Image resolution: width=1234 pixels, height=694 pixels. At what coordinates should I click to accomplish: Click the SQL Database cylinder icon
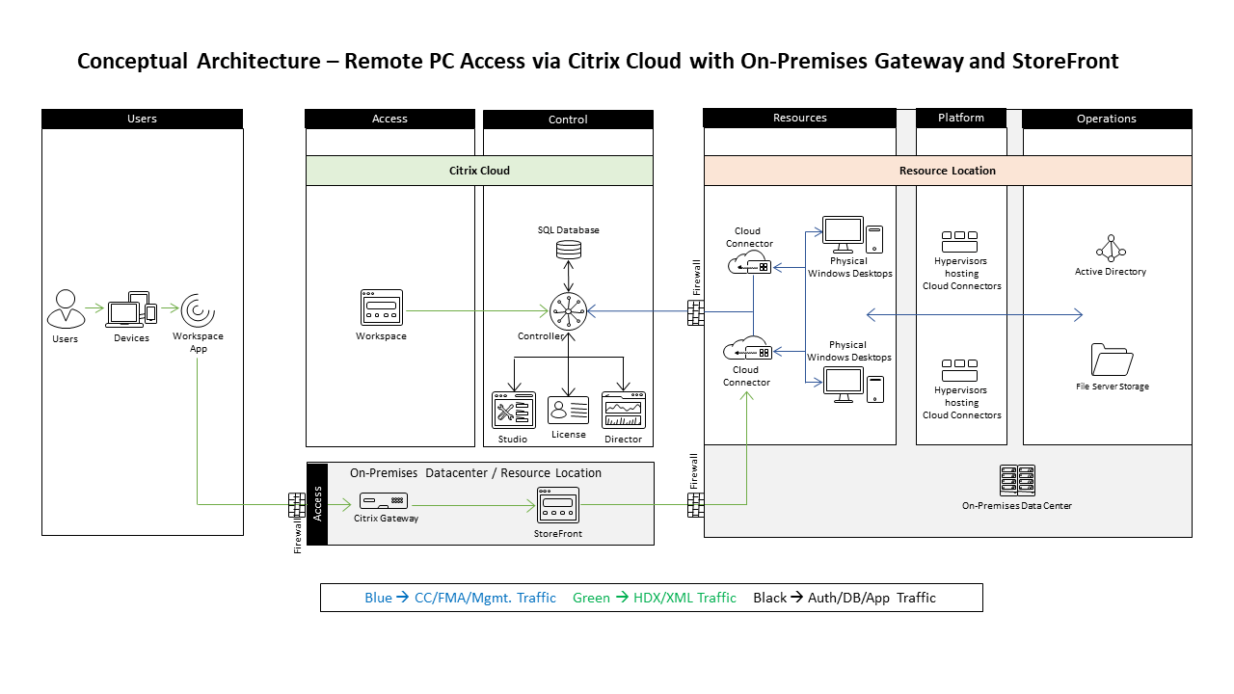[569, 250]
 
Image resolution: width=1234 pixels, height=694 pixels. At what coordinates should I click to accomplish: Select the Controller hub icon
[569, 310]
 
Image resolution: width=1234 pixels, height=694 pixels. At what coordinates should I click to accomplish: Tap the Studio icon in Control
[513, 411]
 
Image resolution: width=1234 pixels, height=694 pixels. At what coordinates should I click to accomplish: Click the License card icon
[569, 411]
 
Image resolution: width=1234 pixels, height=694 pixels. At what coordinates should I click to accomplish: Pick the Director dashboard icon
[623, 411]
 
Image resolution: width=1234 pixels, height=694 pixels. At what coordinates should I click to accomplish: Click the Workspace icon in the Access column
[381, 308]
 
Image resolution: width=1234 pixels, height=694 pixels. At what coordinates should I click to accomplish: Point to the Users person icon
[65, 309]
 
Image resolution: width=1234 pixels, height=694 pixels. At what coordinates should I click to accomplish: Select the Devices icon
[132, 309]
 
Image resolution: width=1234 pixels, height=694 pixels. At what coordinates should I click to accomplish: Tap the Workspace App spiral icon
[198, 309]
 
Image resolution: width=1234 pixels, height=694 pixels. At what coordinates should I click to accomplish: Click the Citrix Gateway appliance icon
[383, 501]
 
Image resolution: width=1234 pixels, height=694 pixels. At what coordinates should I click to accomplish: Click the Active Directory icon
[1111, 249]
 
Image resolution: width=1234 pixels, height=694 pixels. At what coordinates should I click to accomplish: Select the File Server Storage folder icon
[1112, 360]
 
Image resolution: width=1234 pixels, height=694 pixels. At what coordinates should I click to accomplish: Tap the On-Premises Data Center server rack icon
[1017, 480]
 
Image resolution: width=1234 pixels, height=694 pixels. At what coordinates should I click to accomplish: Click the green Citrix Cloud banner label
[479, 171]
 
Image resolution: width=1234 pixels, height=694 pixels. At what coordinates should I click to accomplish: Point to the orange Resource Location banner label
[947, 171]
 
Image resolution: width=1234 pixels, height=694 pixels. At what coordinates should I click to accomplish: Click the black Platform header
[961, 118]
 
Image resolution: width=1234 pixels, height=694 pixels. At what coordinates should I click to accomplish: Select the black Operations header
[1106, 119]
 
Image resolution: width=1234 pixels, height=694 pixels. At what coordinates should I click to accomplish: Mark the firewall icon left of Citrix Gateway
[297, 504]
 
